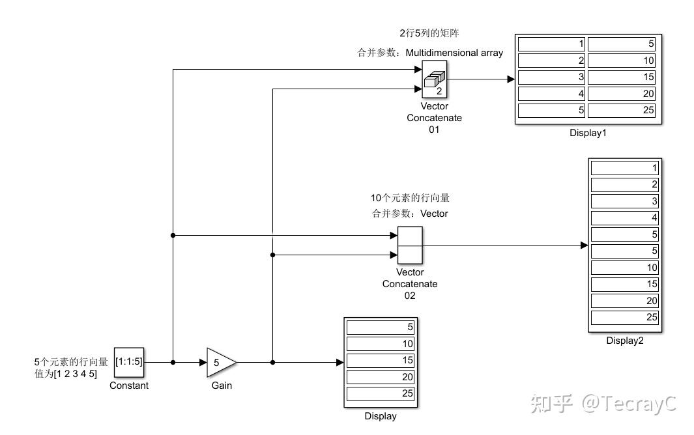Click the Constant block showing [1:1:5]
click(x=128, y=362)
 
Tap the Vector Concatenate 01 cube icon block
click(x=435, y=79)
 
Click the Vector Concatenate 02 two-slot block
click(x=410, y=246)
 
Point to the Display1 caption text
click(x=588, y=133)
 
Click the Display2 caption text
click(x=624, y=340)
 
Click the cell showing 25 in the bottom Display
click(x=381, y=394)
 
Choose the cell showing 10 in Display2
click(x=624, y=268)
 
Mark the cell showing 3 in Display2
click(x=624, y=201)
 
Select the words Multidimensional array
click(x=454, y=53)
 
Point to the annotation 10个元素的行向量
click(x=410, y=198)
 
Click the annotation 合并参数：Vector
click(x=410, y=214)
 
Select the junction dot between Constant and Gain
click(x=173, y=362)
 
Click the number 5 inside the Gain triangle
click(x=217, y=362)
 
